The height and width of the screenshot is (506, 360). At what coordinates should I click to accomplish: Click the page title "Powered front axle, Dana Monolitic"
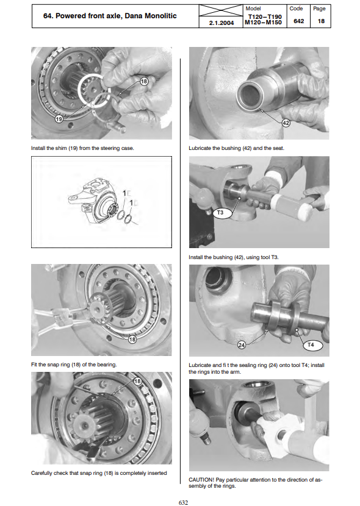coord(116,16)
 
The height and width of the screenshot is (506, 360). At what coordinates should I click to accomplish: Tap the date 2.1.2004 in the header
coord(221,23)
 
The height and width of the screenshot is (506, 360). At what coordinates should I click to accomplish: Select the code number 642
coord(298,21)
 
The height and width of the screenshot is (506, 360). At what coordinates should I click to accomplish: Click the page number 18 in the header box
coord(321,21)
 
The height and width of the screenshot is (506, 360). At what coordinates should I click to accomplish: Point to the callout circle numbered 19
coord(59,119)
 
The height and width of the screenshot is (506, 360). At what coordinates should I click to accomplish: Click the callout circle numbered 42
coord(286,123)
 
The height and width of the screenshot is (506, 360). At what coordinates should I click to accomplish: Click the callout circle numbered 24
coord(242,345)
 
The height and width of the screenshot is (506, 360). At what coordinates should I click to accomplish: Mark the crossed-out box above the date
coord(221,10)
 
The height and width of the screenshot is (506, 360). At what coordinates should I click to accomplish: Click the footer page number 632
coord(183,502)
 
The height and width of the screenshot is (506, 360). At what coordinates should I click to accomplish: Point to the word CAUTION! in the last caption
coord(201,480)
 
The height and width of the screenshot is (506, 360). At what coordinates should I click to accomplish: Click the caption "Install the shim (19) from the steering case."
coord(82,148)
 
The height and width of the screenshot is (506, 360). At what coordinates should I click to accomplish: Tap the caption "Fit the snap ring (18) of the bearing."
coord(74,365)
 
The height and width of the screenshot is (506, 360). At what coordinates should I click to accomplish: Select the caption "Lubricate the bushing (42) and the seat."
coord(236,148)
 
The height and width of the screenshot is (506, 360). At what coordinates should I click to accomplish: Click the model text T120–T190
coord(265,16)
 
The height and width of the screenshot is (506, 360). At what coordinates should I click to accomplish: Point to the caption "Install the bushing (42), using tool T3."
coord(234,257)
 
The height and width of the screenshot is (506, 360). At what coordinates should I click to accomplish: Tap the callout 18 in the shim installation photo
coord(143,81)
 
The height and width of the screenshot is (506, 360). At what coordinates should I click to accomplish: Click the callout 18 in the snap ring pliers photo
coord(132,339)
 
